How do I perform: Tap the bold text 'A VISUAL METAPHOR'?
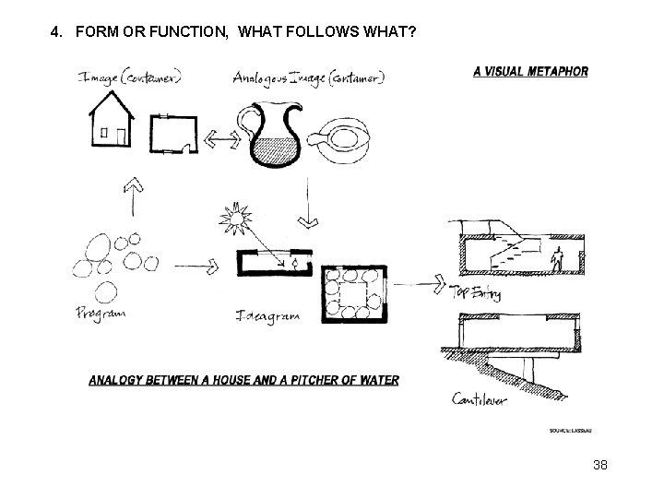530,72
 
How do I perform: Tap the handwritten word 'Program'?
102,314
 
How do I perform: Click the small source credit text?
568,431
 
